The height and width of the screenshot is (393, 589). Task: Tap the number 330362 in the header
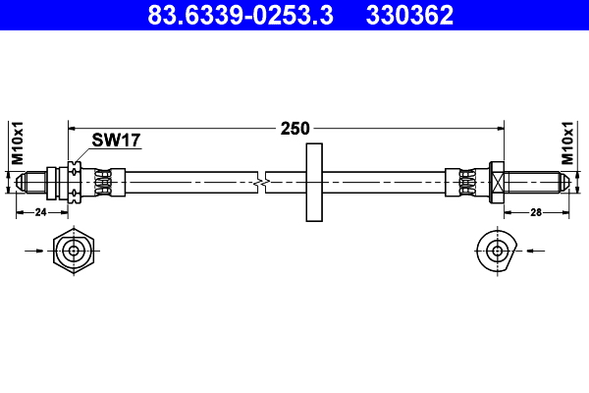(x=409, y=15)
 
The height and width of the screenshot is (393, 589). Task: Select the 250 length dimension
(x=294, y=128)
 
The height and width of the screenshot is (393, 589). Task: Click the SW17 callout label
(x=116, y=140)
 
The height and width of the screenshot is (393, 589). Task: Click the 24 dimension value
(x=41, y=211)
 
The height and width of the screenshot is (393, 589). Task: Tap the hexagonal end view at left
(x=75, y=252)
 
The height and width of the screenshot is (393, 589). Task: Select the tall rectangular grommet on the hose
(x=314, y=183)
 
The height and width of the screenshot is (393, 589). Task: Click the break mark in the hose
(x=260, y=183)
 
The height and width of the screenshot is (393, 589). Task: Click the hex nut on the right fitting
(x=496, y=183)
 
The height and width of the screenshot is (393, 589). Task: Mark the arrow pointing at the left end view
(x=33, y=252)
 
